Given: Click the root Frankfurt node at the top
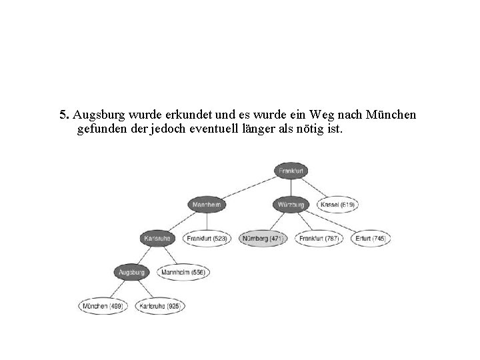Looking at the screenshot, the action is tap(291, 171).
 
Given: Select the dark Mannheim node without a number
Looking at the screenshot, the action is tap(207, 205).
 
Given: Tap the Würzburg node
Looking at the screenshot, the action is tap(291, 205).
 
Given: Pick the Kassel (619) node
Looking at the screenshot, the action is tap(337, 205).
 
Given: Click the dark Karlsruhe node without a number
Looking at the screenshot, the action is tap(159, 238).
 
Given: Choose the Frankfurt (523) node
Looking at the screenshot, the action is tap(207, 238).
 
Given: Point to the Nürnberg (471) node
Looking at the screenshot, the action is tap(263, 238).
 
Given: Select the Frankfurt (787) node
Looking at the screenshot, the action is tap(319, 238).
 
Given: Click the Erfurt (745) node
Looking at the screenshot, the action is tap(370, 238).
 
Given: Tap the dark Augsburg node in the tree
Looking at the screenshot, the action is tap(131, 272).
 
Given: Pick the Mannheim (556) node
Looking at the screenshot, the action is tap(183, 272).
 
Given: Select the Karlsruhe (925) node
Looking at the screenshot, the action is tap(160, 306).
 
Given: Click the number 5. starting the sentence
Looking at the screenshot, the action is tap(64, 115).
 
